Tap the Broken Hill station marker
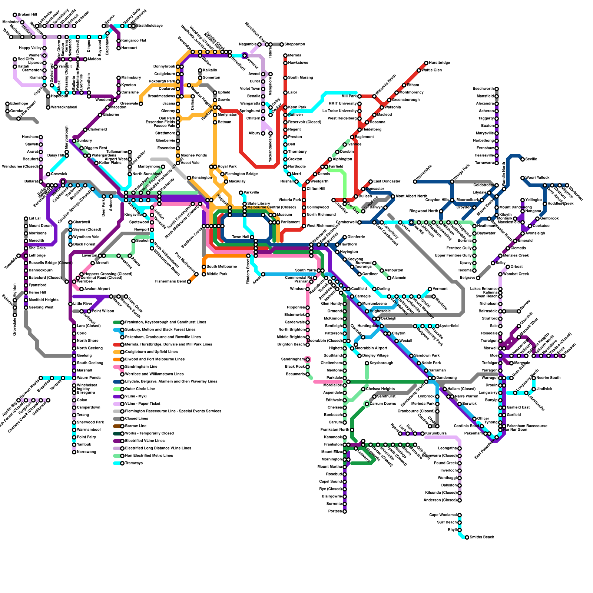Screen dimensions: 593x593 click(15, 15)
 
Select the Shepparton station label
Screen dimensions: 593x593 click(295, 44)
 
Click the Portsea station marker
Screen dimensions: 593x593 click(345, 511)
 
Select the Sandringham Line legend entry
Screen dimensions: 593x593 click(141, 367)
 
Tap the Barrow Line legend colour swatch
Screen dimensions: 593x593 click(117, 426)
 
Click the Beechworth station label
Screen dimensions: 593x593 click(483, 89)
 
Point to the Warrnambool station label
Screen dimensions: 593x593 click(89, 430)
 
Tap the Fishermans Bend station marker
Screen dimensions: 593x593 click(189, 282)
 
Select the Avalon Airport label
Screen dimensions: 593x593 click(97, 289)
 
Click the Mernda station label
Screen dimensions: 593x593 click(295, 56)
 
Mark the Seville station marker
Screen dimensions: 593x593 click(523, 159)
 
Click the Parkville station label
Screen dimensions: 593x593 click(252, 193)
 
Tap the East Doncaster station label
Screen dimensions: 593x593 click(387, 182)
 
